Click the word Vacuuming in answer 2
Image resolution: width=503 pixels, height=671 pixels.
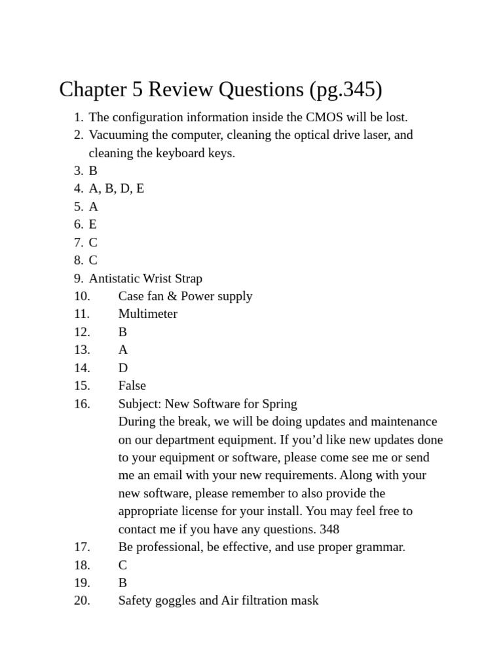pyautogui.click(x=117, y=135)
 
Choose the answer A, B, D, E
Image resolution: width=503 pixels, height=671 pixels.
pyautogui.click(x=117, y=189)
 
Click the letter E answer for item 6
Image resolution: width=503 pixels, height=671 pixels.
pyautogui.click(x=93, y=225)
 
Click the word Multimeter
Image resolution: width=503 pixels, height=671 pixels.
pyautogui.click(x=147, y=314)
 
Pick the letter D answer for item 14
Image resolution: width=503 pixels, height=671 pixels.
pyautogui.click(x=123, y=368)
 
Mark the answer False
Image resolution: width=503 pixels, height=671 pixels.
pyautogui.click(x=132, y=385)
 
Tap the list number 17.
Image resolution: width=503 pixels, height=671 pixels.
pyautogui.click(x=82, y=546)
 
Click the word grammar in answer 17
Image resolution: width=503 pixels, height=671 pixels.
pyautogui.click(x=379, y=546)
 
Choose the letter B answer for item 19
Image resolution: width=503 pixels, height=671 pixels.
pyautogui.click(x=122, y=583)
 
